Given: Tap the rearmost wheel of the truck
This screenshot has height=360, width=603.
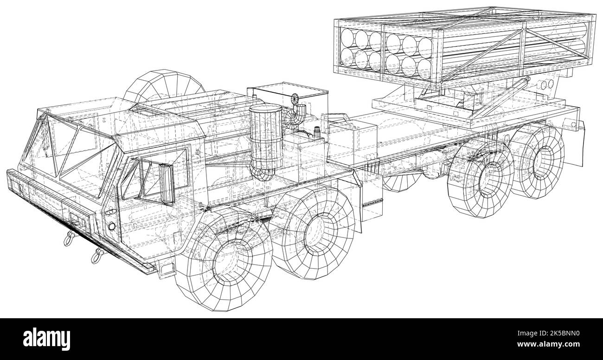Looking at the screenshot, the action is (x=537, y=161).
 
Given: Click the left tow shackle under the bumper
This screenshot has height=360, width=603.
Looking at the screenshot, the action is (x=70, y=238).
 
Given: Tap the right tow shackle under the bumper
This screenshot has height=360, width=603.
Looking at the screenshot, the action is (x=96, y=256).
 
